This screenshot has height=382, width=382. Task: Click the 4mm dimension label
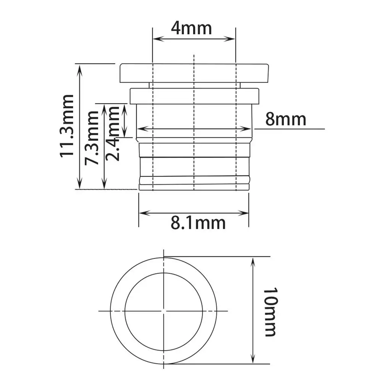pos(191,29)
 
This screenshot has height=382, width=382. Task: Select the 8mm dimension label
pos(286,119)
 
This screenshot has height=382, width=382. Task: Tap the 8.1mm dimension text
pos(198,223)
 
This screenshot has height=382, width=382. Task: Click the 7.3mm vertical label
pos(92,138)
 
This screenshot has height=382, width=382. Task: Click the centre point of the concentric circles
pos(164,311)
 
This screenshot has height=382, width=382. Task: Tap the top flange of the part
pos(194,73)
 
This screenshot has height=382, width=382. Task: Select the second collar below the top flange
pos(194,96)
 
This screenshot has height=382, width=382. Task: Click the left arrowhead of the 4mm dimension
pos(155,39)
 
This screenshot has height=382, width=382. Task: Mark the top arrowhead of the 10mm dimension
pos(252,260)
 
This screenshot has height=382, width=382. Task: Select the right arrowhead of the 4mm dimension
pos(233,39)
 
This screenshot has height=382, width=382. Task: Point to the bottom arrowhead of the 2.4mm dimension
pos(124,134)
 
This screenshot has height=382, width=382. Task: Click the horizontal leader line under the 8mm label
pos(290,129)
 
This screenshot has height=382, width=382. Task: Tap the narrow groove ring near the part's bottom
pos(194,179)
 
